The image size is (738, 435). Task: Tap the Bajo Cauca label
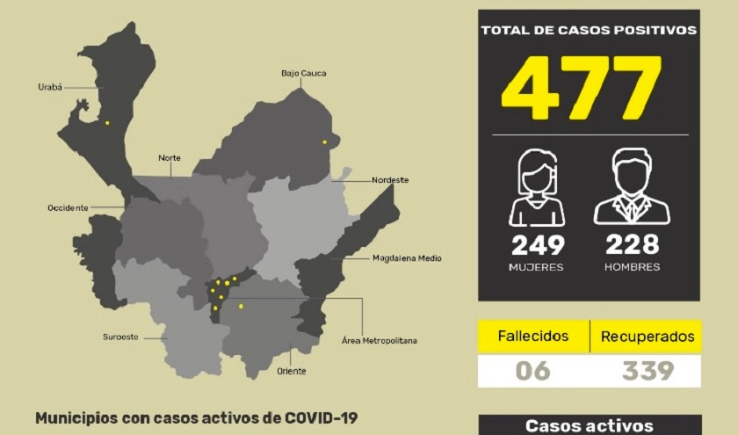click(x=303, y=73)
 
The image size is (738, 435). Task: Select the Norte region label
click(x=170, y=158)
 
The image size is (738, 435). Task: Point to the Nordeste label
click(x=390, y=180)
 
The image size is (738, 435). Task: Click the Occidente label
click(x=68, y=208)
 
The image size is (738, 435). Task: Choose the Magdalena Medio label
click(x=406, y=258)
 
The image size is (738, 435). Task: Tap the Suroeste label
click(x=120, y=337)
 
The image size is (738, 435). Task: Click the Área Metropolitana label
click(x=379, y=339)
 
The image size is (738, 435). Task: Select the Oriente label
click(x=292, y=371)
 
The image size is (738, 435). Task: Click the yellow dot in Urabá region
click(x=107, y=123)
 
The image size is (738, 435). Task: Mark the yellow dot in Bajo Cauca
click(x=324, y=142)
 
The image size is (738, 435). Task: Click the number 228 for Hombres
click(x=633, y=244)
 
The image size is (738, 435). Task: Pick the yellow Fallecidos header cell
click(x=532, y=337)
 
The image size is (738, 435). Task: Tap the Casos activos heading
click(x=589, y=426)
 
